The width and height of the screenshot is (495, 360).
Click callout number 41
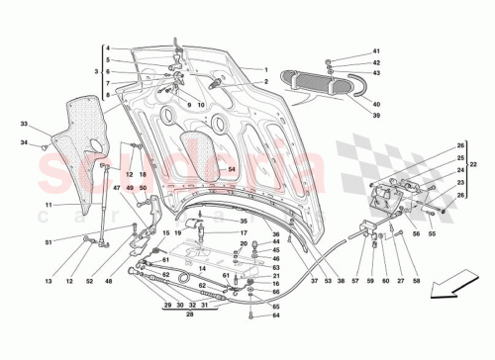[376, 50]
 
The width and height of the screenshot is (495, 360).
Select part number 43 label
[376, 72]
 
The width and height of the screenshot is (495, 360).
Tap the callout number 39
[375, 114]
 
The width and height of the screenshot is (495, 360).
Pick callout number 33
[23, 124]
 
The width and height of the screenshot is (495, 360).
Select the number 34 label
[23, 144]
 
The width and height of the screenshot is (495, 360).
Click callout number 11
[47, 205]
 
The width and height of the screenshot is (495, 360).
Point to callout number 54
[232, 169]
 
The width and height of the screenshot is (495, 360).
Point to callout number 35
[244, 221]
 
